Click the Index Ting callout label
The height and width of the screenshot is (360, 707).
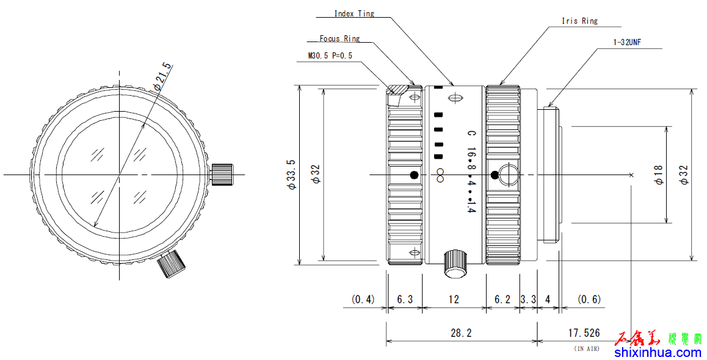[354, 13]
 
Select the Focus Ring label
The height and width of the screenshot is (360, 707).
[339, 38]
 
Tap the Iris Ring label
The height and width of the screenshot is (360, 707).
[579, 21]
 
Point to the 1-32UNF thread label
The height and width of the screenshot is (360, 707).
[627, 43]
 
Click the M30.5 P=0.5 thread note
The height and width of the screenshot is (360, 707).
[330, 56]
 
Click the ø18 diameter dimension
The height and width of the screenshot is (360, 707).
[658, 175]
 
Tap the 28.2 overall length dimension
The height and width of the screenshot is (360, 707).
[460, 333]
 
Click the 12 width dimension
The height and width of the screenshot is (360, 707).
[454, 300]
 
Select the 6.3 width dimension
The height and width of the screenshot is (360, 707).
[405, 300]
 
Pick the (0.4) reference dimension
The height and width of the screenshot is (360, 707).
[363, 300]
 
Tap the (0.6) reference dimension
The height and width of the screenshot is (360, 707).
[589, 300]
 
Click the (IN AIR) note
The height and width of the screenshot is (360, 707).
[587, 348]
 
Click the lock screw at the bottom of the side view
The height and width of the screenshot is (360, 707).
[454, 262]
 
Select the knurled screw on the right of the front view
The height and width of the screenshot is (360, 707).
[223, 174]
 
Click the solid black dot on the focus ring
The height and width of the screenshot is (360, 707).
[415, 175]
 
